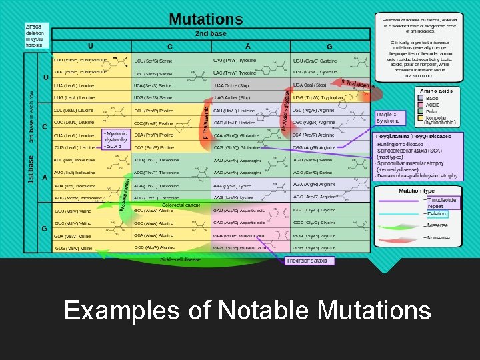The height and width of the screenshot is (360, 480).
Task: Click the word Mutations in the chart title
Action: [x=205, y=19]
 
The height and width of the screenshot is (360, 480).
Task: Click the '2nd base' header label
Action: [x=210, y=33]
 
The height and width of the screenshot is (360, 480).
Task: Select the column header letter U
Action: [x=91, y=46]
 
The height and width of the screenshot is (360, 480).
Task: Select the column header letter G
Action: [x=329, y=46]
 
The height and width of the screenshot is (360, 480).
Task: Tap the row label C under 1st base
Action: [x=44, y=127]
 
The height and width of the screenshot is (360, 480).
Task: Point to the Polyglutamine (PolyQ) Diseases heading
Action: [x=413, y=136]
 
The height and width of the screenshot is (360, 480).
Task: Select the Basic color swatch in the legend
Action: [x=421, y=98]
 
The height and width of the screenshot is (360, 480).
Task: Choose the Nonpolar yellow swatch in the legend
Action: [x=421, y=117]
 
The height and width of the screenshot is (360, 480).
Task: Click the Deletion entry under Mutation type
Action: [x=437, y=214]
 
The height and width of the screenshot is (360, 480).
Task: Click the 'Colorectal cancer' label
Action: [x=181, y=205]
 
